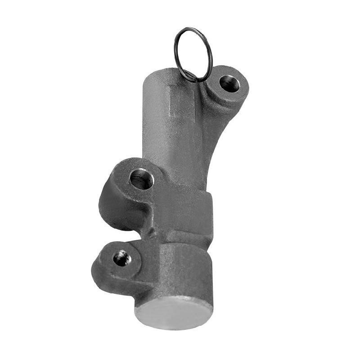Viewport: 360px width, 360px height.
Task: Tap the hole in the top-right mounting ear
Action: click(x=229, y=84)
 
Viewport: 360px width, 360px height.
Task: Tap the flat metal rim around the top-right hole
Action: click(x=240, y=92)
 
